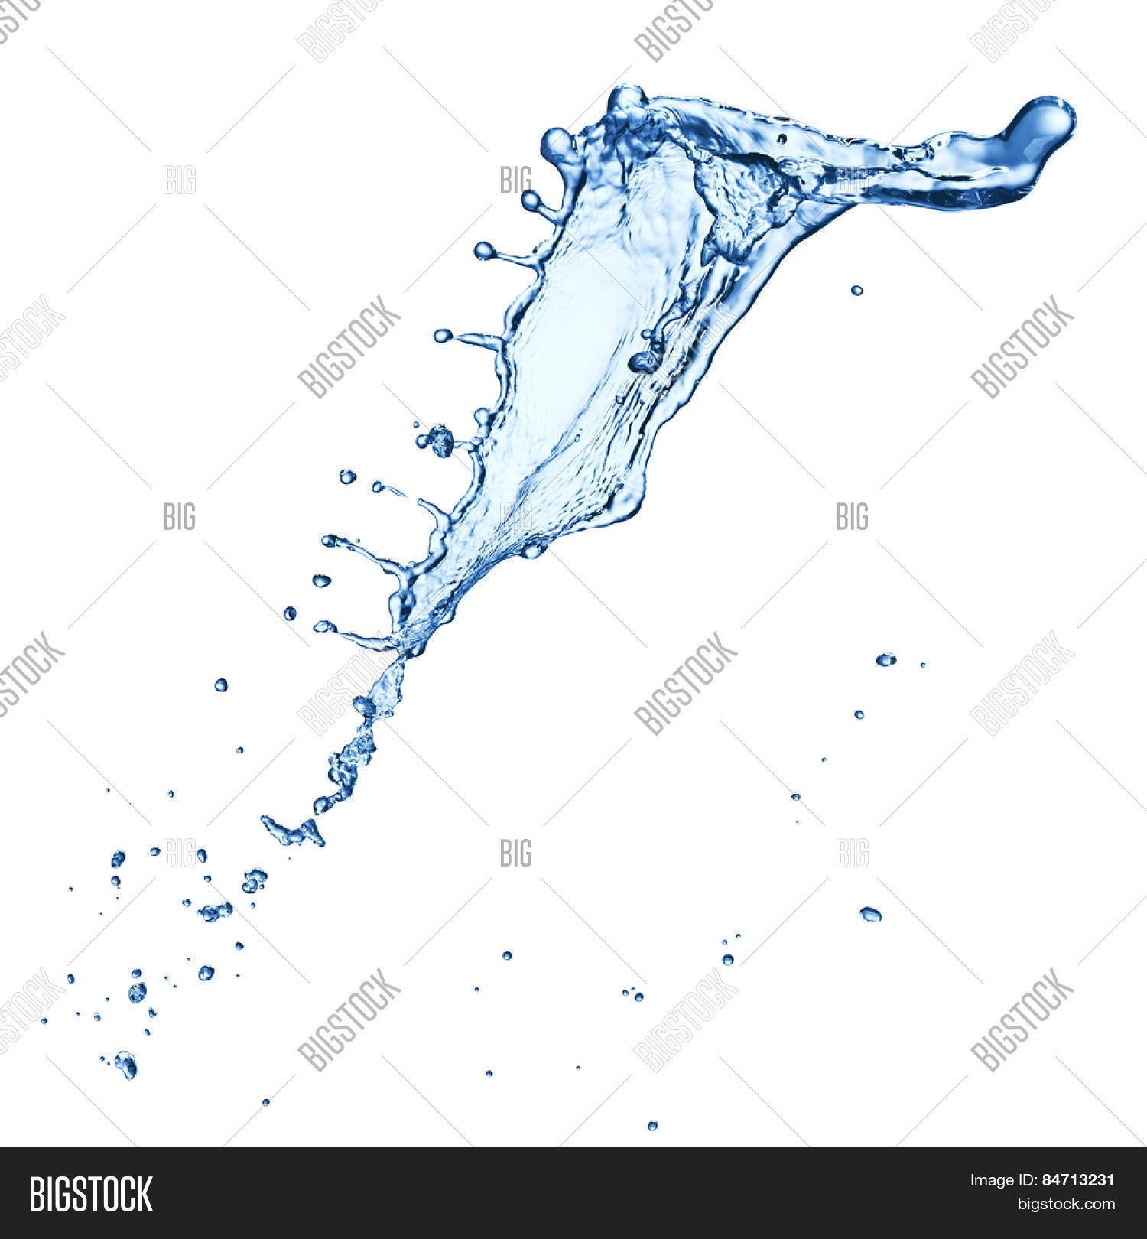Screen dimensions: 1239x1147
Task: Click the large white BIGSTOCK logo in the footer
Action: click(91, 1194)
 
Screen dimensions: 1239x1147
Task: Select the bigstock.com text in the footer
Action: click(1066, 1205)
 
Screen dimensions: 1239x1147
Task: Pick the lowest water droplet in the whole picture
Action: click(652, 1125)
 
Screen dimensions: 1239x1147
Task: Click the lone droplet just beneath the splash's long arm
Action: click(856, 290)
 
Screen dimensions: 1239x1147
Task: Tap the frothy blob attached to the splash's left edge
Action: click(440, 441)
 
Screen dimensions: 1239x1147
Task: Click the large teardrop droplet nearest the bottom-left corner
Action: click(125, 1064)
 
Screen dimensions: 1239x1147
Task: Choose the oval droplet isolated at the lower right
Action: click(870, 913)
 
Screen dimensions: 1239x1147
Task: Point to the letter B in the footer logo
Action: click(36, 1194)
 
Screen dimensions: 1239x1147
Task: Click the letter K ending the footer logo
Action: click(144, 1194)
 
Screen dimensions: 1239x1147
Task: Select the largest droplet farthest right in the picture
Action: click(885, 659)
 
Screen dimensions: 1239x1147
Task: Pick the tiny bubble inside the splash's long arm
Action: click(781, 138)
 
